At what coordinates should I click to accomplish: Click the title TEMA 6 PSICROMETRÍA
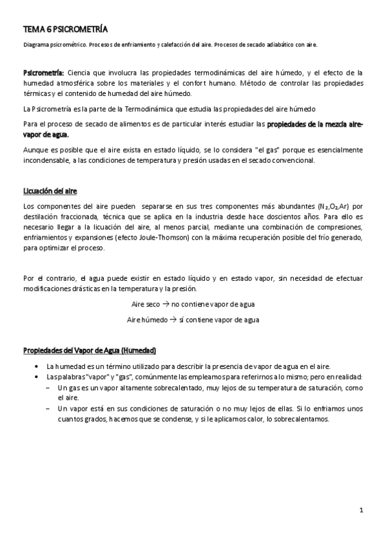(65, 30)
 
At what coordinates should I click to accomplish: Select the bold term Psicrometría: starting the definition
(43, 73)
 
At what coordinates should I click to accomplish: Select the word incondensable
(46, 161)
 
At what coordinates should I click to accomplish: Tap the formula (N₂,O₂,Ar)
(335, 206)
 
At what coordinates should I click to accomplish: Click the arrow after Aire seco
(166, 304)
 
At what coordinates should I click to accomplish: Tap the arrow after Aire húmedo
(172, 319)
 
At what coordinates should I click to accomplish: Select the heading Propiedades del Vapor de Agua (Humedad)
(90, 351)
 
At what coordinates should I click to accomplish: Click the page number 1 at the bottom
(362, 511)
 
